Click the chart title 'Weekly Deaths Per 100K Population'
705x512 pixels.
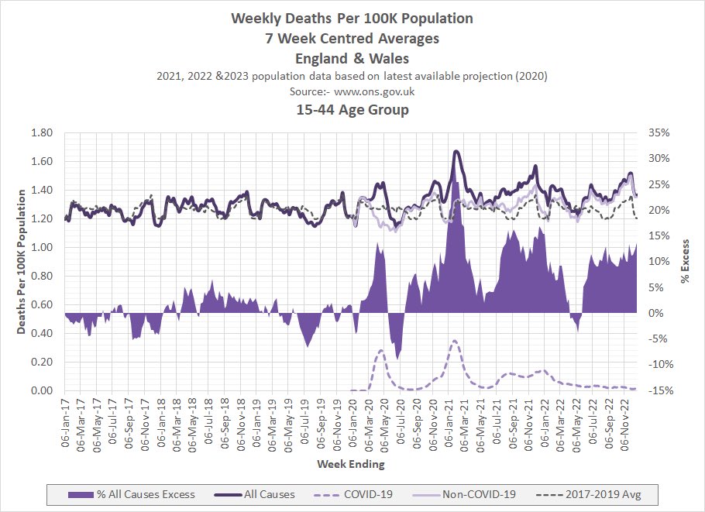click(352, 18)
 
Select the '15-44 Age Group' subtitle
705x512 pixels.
click(352, 110)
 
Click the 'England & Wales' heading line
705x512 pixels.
click(352, 57)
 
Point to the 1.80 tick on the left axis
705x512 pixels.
click(41, 133)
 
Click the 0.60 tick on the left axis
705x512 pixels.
click(41, 305)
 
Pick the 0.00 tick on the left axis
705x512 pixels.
click(41, 391)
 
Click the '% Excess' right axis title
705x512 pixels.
click(685, 262)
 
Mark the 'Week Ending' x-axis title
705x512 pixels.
click(350, 465)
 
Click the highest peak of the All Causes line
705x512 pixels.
click(456, 151)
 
